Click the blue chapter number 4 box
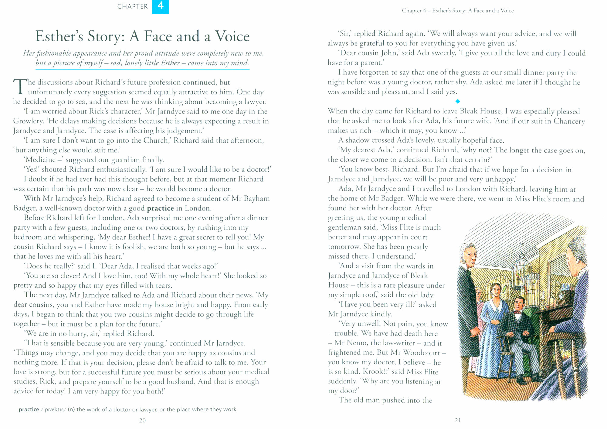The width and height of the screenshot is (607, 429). pyautogui.click(x=160, y=6)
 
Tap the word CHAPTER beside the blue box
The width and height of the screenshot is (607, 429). pyautogui.click(x=132, y=6)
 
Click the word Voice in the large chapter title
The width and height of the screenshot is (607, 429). pyautogui.click(x=232, y=36)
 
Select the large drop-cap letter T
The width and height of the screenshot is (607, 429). pyautogui.click(x=20, y=87)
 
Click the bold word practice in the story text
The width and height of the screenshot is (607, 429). pyautogui.click(x=160, y=208)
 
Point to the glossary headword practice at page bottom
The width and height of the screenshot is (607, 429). pyautogui.click(x=29, y=410)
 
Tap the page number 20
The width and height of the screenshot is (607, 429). pyautogui.click(x=142, y=421)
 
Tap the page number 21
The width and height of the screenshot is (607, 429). pyautogui.click(x=458, y=421)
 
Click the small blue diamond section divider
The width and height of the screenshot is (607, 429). pyautogui.click(x=458, y=101)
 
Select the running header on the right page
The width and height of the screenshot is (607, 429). pyautogui.click(x=458, y=11)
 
